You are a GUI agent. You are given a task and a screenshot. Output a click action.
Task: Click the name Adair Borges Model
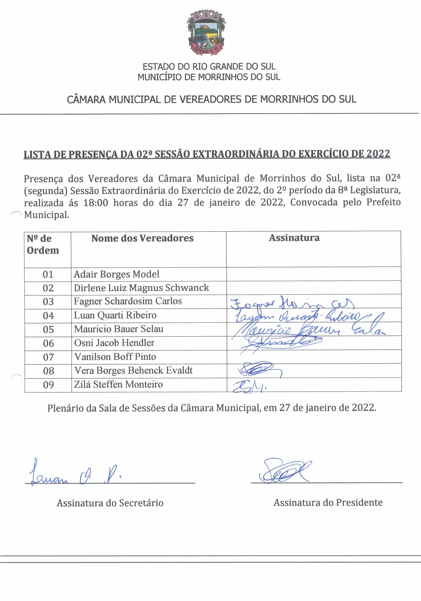click(x=116, y=274)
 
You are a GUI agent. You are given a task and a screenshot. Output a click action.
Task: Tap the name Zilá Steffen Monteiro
click(x=118, y=384)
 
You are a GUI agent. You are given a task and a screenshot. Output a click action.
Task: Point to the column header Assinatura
click(x=294, y=238)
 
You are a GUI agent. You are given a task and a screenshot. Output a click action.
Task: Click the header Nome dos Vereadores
click(x=142, y=238)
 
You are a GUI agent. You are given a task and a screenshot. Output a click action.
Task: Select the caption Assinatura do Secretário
click(x=110, y=503)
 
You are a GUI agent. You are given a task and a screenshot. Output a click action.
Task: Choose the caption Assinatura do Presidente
click(x=328, y=502)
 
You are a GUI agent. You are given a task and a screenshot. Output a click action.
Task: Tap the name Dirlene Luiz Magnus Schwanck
click(x=141, y=288)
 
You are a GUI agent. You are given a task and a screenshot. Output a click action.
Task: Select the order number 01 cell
click(x=48, y=274)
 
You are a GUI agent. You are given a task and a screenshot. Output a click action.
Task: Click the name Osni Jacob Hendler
click(x=114, y=343)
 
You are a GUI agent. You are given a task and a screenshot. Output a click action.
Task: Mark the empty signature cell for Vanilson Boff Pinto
click(x=314, y=357)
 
